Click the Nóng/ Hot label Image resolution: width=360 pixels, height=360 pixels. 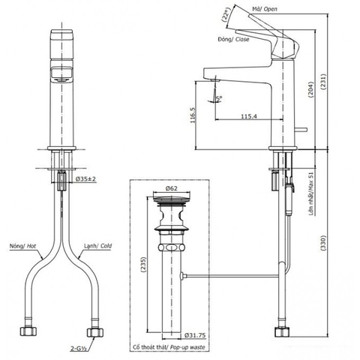point(22,245)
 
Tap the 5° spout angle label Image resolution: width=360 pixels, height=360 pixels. point(219,97)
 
